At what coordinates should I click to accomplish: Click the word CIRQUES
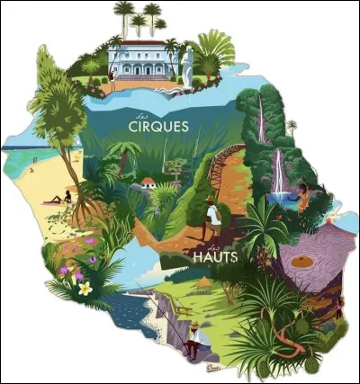point(158,127)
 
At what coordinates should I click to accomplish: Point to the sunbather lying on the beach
point(60,199)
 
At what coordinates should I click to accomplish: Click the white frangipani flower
point(84,289)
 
